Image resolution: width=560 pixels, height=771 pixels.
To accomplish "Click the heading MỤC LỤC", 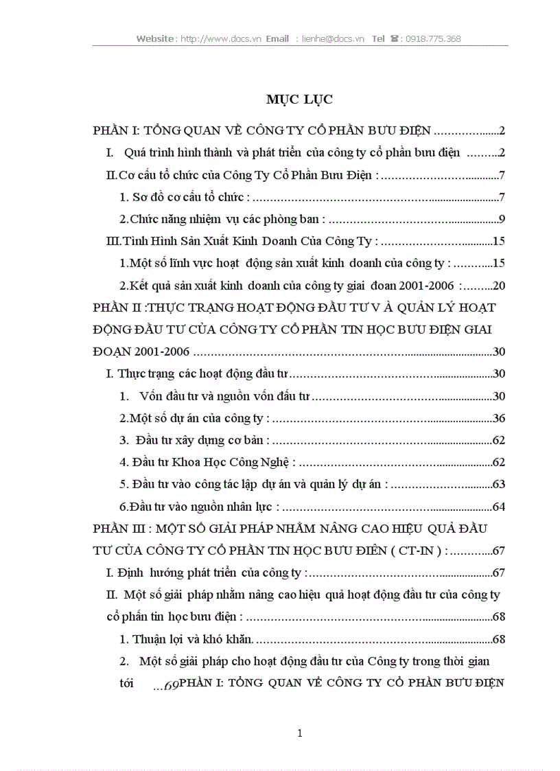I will click(x=299, y=100).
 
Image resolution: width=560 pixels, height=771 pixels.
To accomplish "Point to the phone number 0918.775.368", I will click(x=433, y=39).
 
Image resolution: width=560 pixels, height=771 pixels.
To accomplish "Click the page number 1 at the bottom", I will click(x=299, y=733).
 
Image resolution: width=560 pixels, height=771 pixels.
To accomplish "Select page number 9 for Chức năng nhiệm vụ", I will click(x=502, y=220).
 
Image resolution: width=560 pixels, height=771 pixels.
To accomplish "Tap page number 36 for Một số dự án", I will click(x=499, y=418).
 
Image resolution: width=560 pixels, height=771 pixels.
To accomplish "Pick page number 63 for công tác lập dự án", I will click(x=499, y=485).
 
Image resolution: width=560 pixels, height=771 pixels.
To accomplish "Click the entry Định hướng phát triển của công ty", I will click(x=206, y=573).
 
